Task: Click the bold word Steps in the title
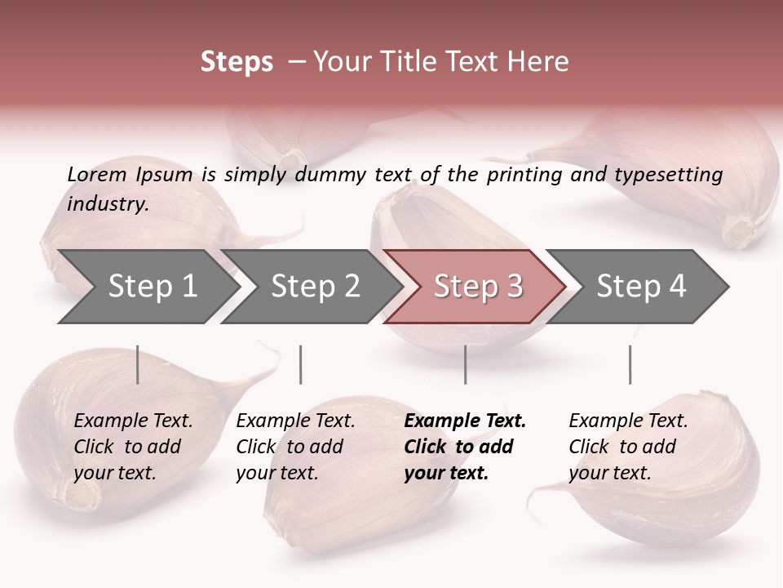tap(237, 62)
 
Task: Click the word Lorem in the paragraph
tap(96, 174)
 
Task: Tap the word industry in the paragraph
tap(107, 203)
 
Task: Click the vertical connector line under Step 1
tap(137, 364)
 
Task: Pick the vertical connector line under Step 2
tap(301, 364)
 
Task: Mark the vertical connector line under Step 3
tap(465, 364)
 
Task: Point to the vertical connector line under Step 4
tap(630, 364)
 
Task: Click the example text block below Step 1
tap(133, 447)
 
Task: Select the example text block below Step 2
tap(295, 447)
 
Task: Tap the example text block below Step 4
tap(628, 447)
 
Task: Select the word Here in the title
tap(541, 62)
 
